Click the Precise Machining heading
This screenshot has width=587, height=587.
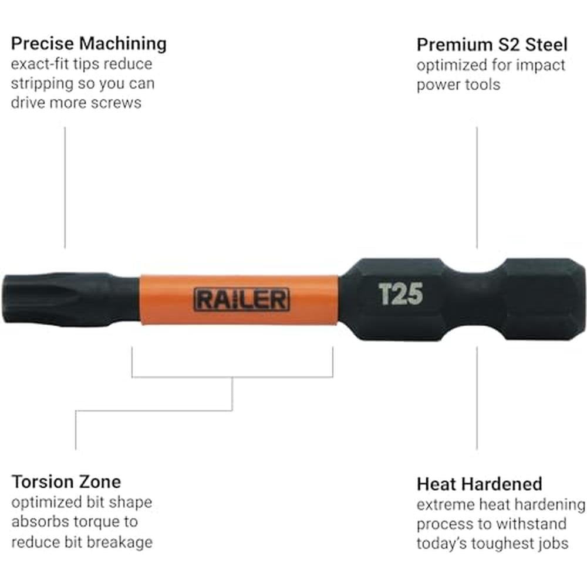[x=89, y=44]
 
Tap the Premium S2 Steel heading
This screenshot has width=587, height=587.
[x=492, y=45]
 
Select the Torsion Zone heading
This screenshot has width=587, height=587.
[x=66, y=481]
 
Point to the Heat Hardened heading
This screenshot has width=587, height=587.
[x=479, y=484]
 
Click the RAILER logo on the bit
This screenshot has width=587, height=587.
[x=241, y=299]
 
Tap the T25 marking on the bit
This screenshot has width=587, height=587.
[x=400, y=294]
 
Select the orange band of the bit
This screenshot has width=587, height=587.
[x=239, y=299]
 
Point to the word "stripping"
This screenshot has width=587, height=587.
[x=42, y=84]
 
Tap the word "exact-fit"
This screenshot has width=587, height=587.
[x=40, y=63]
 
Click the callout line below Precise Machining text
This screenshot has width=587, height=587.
[x=65, y=188]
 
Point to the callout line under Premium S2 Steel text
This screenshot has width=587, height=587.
[x=477, y=188]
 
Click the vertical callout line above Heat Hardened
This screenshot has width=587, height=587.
[x=477, y=397]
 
